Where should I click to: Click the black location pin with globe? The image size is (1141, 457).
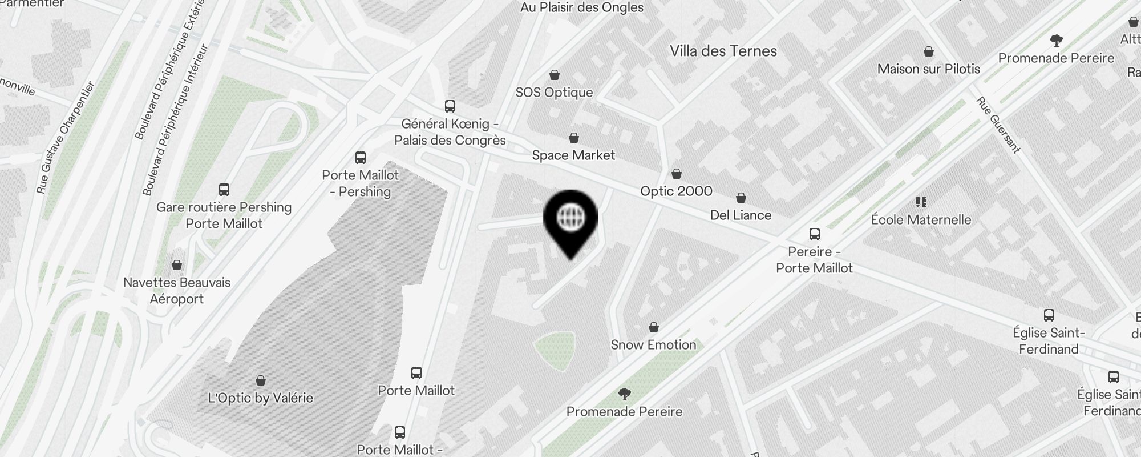coord(570,220)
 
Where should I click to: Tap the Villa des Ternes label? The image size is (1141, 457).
coord(723,51)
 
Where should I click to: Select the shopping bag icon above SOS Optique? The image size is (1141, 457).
coord(554,75)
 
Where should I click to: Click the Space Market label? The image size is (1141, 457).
coord(573,155)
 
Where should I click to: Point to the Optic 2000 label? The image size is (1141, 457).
coord(676,191)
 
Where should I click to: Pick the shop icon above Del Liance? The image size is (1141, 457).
coord(741,198)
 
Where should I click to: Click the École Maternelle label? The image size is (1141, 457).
coord(921,219)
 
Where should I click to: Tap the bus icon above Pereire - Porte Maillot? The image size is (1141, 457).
coord(814,234)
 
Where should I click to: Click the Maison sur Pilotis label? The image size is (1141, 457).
coord(928,69)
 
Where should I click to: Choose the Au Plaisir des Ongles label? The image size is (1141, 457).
coord(582,7)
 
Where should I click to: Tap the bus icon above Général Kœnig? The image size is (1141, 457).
coord(450,106)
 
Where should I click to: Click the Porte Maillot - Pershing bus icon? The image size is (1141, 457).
coord(360,158)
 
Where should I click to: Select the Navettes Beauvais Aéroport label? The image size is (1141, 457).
coord(177,290)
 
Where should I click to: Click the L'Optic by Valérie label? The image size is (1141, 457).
coord(260,398)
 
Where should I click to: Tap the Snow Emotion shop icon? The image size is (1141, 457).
coord(653,327)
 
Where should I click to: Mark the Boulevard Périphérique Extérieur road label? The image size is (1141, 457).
coord(169,69)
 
